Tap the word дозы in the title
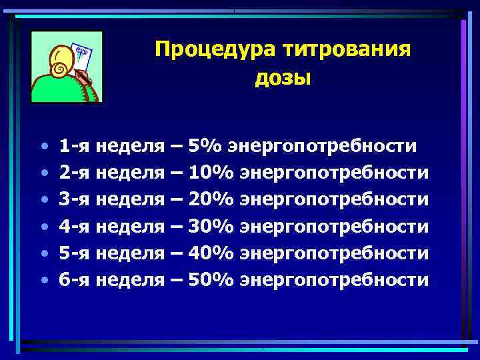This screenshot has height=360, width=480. [283, 78]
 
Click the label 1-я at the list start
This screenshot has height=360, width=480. [75, 146]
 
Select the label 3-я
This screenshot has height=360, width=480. [75, 199]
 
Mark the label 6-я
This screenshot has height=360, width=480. [75, 279]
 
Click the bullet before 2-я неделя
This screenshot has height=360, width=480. [43, 173]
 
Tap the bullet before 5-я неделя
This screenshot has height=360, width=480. [43, 253]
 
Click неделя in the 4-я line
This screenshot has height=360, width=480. [131, 226]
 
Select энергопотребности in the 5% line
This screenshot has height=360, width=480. [323, 146]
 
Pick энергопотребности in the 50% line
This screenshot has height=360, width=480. [334, 279]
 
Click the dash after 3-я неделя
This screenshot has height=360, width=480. [177, 200]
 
